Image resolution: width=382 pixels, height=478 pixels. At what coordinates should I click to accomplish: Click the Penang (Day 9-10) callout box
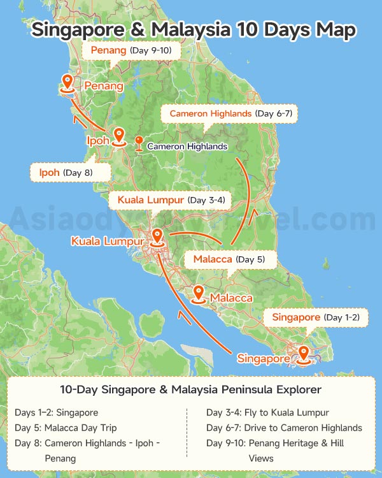pyautogui.click(x=131, y=50)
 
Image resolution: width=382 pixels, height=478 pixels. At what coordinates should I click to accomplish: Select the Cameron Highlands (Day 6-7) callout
pyautogui.click(x=230, y=113)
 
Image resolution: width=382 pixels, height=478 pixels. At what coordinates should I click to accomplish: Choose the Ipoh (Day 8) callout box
pyautogui.click(x=70, y=172)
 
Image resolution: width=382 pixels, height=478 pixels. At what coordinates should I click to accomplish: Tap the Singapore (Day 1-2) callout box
pyautogui.click(x=316, y=317)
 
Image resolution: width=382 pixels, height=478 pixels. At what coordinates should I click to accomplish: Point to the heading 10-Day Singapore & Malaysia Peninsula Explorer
pyautogui.click(x=191, y=389)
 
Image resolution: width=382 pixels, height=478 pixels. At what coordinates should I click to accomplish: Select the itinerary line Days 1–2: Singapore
pyautogui.click(x=57, y=412)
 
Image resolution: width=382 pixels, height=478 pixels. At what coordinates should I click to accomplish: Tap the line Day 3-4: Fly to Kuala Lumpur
pyautogui.click(x=267, y=412)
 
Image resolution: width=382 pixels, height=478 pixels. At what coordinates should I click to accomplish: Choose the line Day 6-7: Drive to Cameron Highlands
pyautogui.click(x=284, y=428)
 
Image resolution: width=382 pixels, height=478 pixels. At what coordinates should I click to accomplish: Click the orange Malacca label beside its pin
pyautogui.click(x=231, y=298)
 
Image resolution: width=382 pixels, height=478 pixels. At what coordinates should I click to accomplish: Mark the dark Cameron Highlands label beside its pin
pyautogui.click(x=187, y=146)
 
